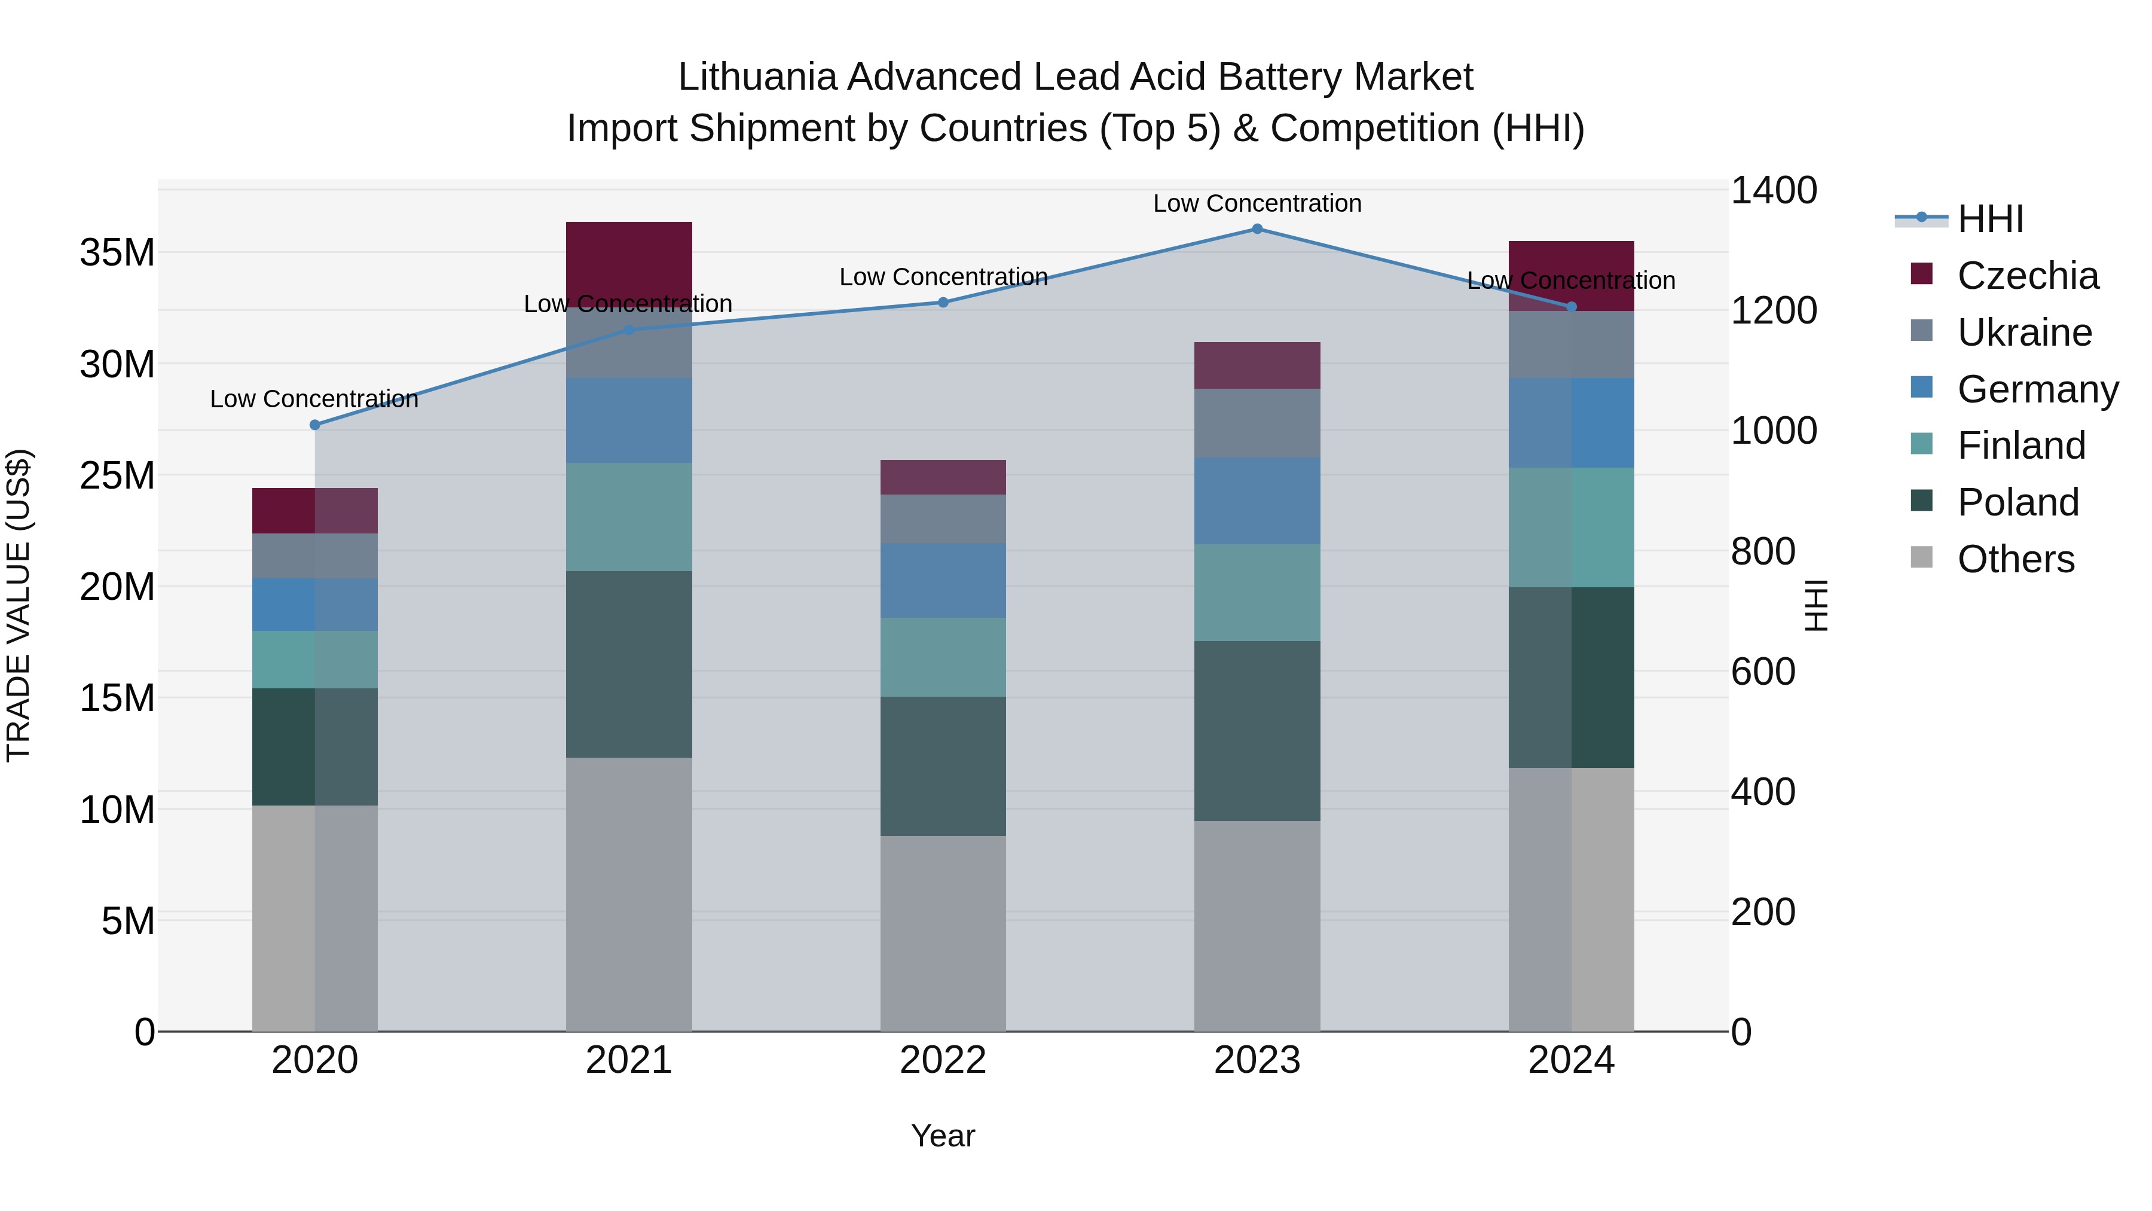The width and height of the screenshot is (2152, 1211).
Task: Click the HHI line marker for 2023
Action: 1257,229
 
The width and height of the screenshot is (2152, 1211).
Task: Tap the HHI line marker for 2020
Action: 315,425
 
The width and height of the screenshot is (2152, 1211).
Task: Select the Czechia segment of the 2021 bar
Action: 629,263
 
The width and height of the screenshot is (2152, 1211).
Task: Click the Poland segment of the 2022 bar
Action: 943,767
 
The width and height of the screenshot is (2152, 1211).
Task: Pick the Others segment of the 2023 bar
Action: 1257,926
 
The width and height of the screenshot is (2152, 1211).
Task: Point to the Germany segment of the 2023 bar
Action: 1257,501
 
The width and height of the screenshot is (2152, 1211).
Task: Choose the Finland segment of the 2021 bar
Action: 629,517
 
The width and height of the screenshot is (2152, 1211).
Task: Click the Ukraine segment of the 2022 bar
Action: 943,519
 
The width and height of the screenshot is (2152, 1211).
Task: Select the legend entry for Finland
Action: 2021,446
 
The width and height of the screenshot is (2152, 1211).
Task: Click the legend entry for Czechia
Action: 2026,276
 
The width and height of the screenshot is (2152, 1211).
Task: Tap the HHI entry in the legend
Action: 1990,219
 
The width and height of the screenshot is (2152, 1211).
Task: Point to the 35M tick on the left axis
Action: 117,252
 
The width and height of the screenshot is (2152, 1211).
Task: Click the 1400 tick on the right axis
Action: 1773,191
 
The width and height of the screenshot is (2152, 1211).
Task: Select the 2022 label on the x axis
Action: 943,1060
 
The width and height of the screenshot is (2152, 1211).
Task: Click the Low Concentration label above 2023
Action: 1257,203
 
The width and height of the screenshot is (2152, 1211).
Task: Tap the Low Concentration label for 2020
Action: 314,399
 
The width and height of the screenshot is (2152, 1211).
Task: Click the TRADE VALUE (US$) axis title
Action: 19,605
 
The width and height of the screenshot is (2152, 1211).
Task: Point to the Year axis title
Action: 943,1136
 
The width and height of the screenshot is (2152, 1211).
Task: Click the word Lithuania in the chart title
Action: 757,77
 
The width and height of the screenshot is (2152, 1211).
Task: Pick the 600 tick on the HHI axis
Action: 1763,672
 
